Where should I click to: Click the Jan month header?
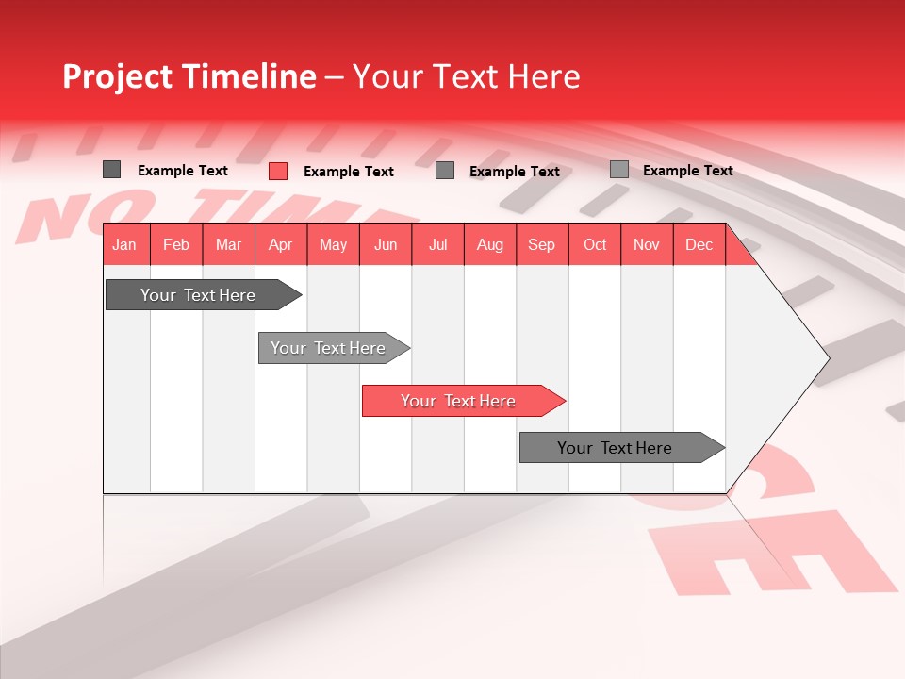tap(124, 245)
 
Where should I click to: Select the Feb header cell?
tap(176, 245)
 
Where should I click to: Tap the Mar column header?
tap(228, 245)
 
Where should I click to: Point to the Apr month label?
tap(280, 245)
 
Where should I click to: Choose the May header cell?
tap(333, 245)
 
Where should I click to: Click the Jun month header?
tap(386, 245)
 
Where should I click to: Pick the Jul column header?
tap(437, 245)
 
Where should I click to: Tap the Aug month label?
tap(490, 245)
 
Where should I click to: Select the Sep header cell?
tap(542, 245)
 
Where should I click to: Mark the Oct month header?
tap(595, 245)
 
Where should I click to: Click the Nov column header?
tap(647, 245)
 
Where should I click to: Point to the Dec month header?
tap(699, 245)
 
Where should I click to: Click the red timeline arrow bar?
tap(462, 401)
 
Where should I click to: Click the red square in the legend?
tap(278, 171)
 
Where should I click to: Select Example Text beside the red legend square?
tap(349, 172)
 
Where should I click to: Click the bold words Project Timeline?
tap(189, 76)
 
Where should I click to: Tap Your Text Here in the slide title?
tap(466, 76)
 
